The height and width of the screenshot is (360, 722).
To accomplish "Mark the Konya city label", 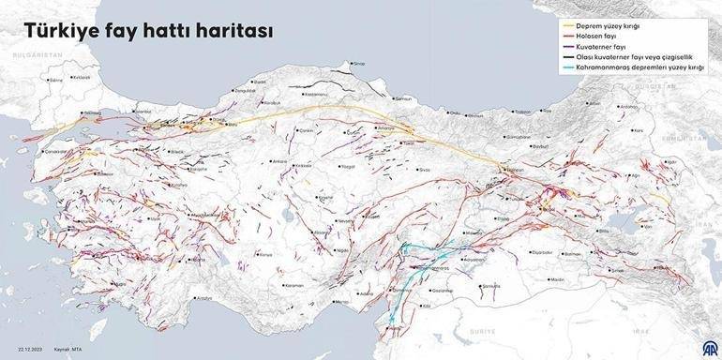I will pyautogui.click(x=265, y=253).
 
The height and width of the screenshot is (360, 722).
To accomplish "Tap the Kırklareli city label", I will pyautogui.click(x=82, y=77).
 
